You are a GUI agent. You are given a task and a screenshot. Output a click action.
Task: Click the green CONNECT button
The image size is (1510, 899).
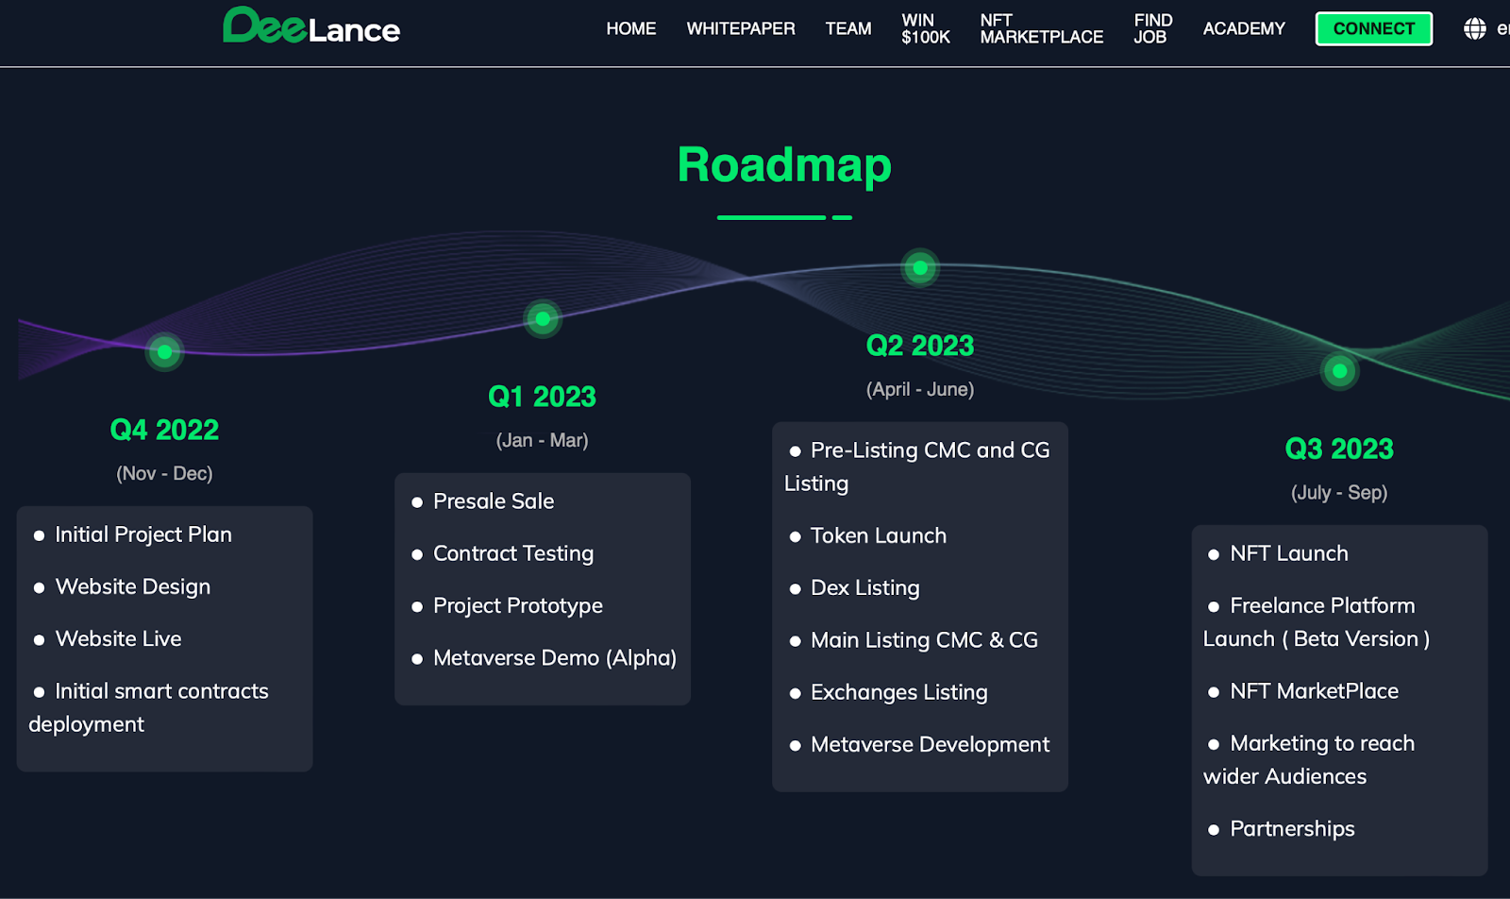[x=1373, y=28]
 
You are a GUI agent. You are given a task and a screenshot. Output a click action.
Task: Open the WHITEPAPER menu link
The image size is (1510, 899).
[x=740, y=28]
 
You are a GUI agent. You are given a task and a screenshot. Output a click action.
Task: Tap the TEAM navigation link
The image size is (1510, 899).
[x=847, y=28]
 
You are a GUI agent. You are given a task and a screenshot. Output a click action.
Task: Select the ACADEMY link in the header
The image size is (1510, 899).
[x=1243, y=28]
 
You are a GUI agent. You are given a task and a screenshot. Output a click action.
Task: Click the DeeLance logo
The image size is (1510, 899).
[x=311, y=26]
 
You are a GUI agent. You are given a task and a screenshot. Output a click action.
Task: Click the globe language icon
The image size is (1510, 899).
[x=1474, y=28]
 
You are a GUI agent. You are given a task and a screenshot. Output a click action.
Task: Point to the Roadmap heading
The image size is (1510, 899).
[x=783, y=165]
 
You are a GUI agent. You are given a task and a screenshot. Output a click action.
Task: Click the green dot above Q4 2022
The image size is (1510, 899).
[x=164, y=352]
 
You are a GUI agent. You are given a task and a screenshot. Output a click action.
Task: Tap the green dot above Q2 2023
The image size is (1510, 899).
[x=919, y=268]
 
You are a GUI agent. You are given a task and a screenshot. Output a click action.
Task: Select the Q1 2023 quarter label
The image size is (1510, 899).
[x=542, y=397]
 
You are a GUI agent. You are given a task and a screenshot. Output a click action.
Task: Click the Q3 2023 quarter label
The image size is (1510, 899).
[x=1338, y=449]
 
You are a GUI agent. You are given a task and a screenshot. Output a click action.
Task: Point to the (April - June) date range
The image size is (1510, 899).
[x=919, y=389]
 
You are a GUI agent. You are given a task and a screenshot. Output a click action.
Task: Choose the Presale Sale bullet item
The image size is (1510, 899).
[x=493, y=501]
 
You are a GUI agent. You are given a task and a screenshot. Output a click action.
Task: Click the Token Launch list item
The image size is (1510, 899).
[x=878, y=535]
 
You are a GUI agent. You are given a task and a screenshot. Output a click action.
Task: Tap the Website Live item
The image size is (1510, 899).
[x=118, y=639]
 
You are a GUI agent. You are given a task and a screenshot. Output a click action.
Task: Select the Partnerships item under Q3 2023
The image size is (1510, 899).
[x=1291, y=829]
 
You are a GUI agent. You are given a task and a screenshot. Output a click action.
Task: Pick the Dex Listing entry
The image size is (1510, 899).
[x=864, y=587]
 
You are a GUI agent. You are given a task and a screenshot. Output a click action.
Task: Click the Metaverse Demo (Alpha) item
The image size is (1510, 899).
[x=554, y=658]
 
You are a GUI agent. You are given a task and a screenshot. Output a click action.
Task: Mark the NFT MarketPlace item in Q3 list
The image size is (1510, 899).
[x=1314, y=691]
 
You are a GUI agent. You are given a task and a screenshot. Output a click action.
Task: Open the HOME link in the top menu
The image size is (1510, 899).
[x=630, y=28]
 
